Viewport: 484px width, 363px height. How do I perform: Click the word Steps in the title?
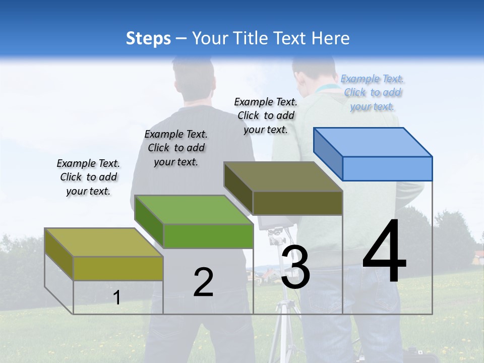[148, 38]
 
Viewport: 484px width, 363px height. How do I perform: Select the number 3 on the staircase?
[295, 267]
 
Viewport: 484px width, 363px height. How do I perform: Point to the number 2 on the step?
[204, 282]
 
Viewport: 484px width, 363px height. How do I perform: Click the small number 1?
[116, 297]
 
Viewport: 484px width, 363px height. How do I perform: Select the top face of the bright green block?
[194, 209]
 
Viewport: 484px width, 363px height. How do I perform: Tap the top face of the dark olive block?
[283, 176]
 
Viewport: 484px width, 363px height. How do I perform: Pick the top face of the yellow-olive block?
[104, 242]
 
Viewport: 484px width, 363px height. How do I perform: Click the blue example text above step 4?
[372, 92]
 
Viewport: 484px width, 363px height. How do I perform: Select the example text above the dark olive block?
[266, 115]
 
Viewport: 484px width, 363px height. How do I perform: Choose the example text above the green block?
[176, 148]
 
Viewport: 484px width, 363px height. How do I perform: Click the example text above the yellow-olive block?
[88, 177]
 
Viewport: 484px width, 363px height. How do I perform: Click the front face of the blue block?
[387, 168]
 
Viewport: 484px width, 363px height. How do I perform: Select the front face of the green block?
[208, 236]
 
